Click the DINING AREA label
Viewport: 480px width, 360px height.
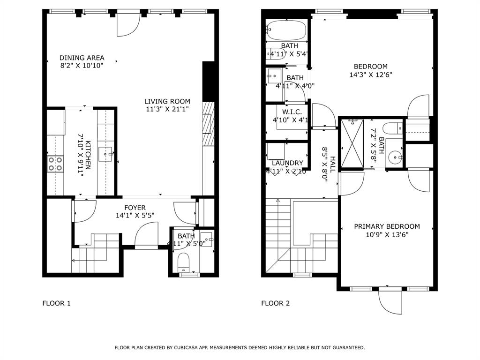pyautogui.click(x=82, y=58)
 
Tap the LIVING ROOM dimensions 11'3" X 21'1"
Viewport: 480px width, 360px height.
pyautogui.click(x=167, y=110)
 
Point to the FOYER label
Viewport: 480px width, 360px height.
pyautogui.click(x=135, y=208)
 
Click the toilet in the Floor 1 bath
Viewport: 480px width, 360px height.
pyautogui.click(x=184, y=262)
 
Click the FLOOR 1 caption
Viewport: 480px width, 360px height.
pyautogui.click(x=56, y=303)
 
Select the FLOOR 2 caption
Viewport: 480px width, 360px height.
pyautogui.click(x=275, y=303)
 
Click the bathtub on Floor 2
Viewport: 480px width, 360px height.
pyautogui.click(x=286, y=31)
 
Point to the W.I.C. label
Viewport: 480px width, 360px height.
pyautogui.click(x=292, y=112)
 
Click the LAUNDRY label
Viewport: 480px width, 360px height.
pyautogui.click(x=287, y=163)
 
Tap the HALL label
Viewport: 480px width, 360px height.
pyautogui.click(x=332, y=165)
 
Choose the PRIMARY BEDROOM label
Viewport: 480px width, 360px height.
pyautogui.click(x=387, y=226)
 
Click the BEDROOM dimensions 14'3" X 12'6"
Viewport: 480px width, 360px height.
pyautogui.click(x=370, y=75)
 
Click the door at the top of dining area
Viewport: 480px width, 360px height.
pyautogui.click(x=128, y=25)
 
